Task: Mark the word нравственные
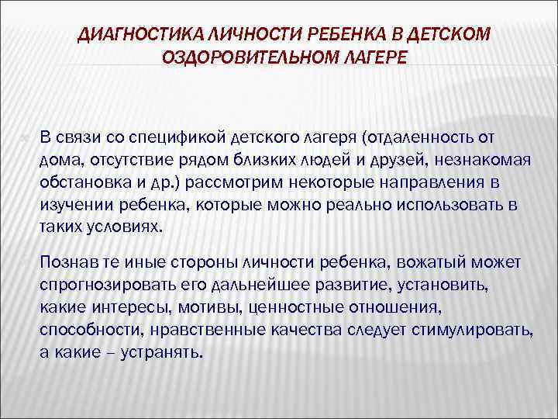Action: coord(199,328)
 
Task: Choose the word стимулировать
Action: coord(478,328)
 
